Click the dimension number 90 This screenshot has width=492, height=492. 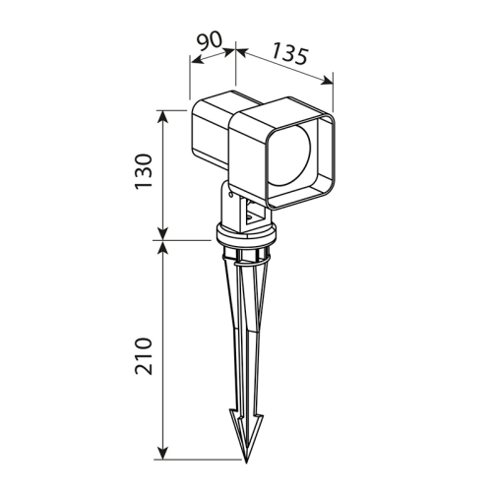coord(209,42)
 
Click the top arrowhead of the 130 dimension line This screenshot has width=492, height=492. coord(162,115)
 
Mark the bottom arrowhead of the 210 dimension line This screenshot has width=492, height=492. coord(162,454)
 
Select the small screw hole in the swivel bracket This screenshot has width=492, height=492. coord(232,198)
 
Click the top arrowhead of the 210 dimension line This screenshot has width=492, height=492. coord(162,246)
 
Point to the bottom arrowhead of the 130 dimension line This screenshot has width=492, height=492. coord(162,233)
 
